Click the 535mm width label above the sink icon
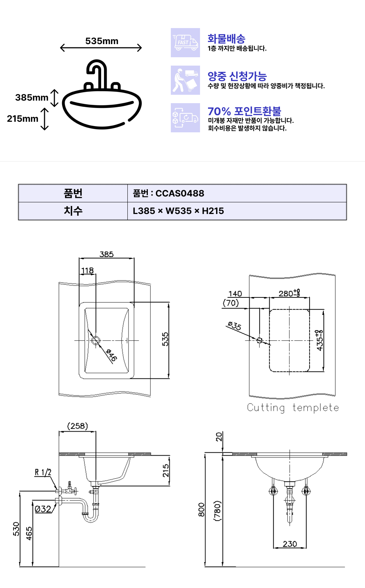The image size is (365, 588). [x=102, y=41]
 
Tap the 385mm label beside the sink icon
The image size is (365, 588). [x=32, y=97]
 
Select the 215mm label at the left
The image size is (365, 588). [x=23, y=118]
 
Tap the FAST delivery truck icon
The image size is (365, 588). [x=185, y=43]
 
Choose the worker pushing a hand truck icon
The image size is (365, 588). [x=185, y=80]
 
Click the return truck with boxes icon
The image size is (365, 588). [x=185, y=118]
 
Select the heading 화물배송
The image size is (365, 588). [x=226, y=39]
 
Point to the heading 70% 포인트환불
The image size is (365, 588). [x=245, y=111]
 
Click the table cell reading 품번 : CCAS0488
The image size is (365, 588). [x=168, y=194]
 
